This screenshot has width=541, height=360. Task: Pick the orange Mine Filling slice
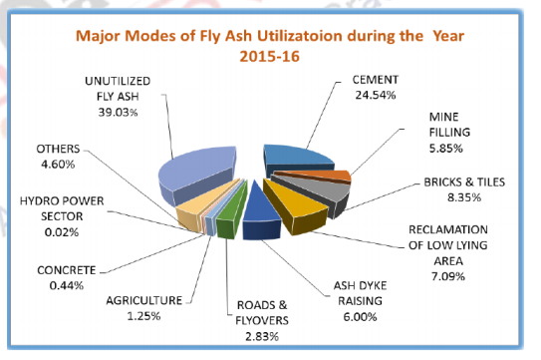click(x=339, y=178)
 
